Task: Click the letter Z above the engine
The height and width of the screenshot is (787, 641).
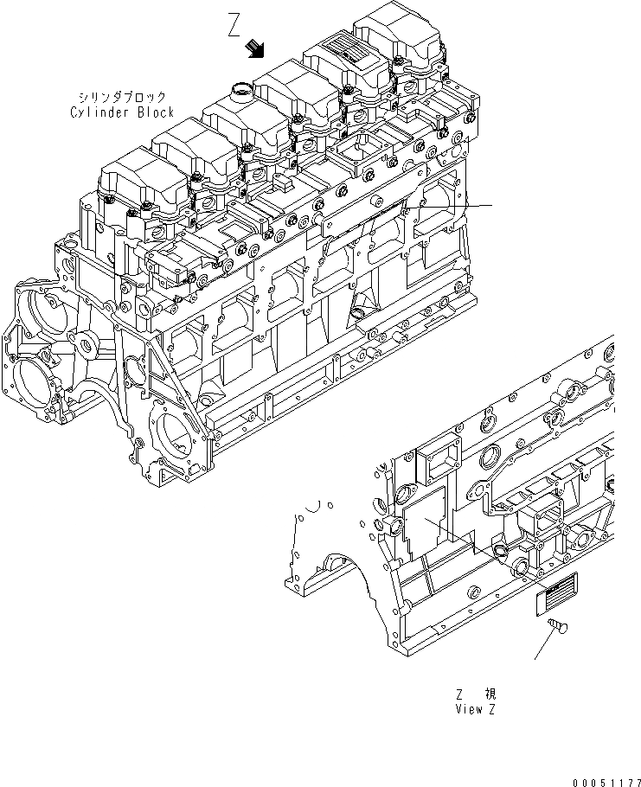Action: (233, 25)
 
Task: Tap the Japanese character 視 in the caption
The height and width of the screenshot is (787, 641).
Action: (490, 694)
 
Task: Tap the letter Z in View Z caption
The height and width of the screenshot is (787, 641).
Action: (492, 709)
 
